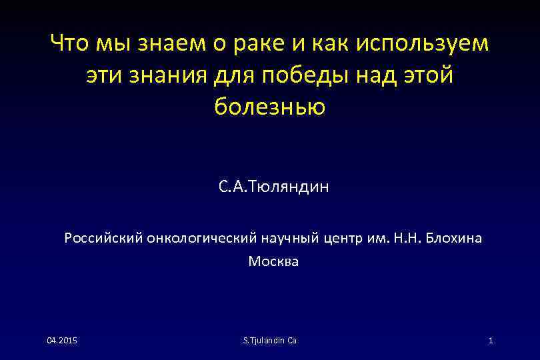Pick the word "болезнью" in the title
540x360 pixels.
pos(270,107)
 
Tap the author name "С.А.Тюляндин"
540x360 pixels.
pos(273,187)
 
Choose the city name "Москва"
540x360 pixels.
pos(273,261)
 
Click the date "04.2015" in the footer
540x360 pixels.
pos(61,341)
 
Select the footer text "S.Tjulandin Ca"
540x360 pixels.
pos(270,341)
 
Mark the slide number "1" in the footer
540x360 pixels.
pos(490,341)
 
